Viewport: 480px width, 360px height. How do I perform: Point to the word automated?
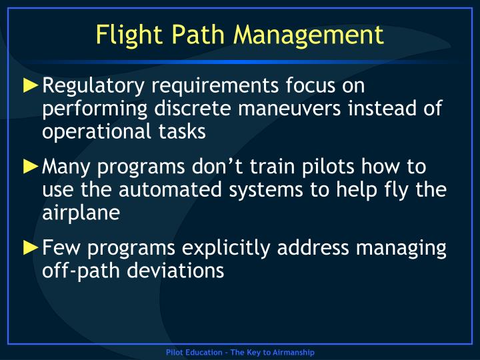(171, 189)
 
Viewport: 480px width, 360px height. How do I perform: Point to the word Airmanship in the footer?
(293, 352)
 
